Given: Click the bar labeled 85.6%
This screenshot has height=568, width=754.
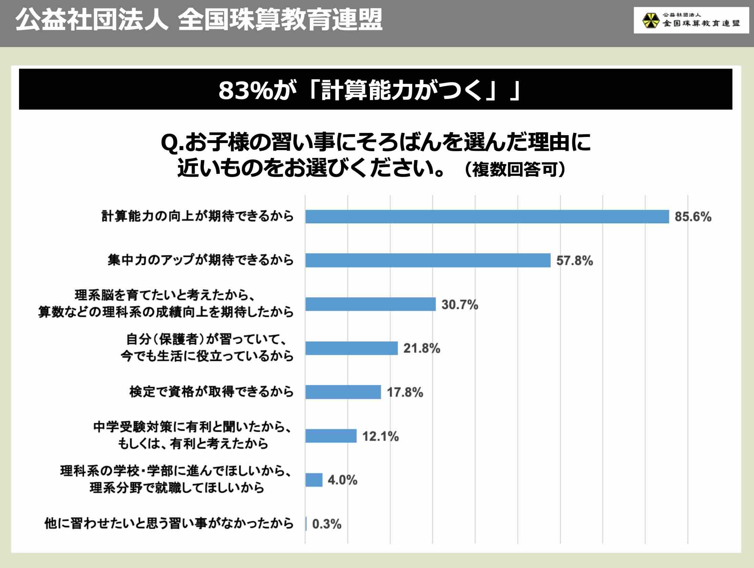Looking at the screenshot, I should tap(487, 217).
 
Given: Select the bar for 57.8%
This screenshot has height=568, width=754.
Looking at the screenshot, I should tap(428, 260).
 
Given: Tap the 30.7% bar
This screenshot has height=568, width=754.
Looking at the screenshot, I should tap(370, 304).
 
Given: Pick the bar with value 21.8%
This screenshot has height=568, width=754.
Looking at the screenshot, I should tap(352, 348).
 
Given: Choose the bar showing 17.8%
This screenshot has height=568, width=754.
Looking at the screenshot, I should tap(343, 392).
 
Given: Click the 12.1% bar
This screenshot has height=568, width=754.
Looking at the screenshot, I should tap(331, 436).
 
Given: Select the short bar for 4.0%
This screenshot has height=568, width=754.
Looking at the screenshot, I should tap(314, 480).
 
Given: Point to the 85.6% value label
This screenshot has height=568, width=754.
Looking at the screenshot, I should tap(693, 217).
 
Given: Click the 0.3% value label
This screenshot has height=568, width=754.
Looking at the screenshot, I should tap(326, 524).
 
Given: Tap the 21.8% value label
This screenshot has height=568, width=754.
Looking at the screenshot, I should tap(422, 348).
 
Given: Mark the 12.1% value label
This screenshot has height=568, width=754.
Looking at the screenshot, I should tap(380, 436).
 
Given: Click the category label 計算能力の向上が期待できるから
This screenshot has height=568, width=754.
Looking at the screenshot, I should tap(197, 216).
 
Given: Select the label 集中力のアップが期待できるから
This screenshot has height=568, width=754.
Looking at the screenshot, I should tap(200, 260).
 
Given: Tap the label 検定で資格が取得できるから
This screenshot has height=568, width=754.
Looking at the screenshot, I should tap(211, 392).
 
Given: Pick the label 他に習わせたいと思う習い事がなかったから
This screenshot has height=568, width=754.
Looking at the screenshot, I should tap(169, 523).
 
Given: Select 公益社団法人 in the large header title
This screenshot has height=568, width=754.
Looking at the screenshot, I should tap(92, 20).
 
